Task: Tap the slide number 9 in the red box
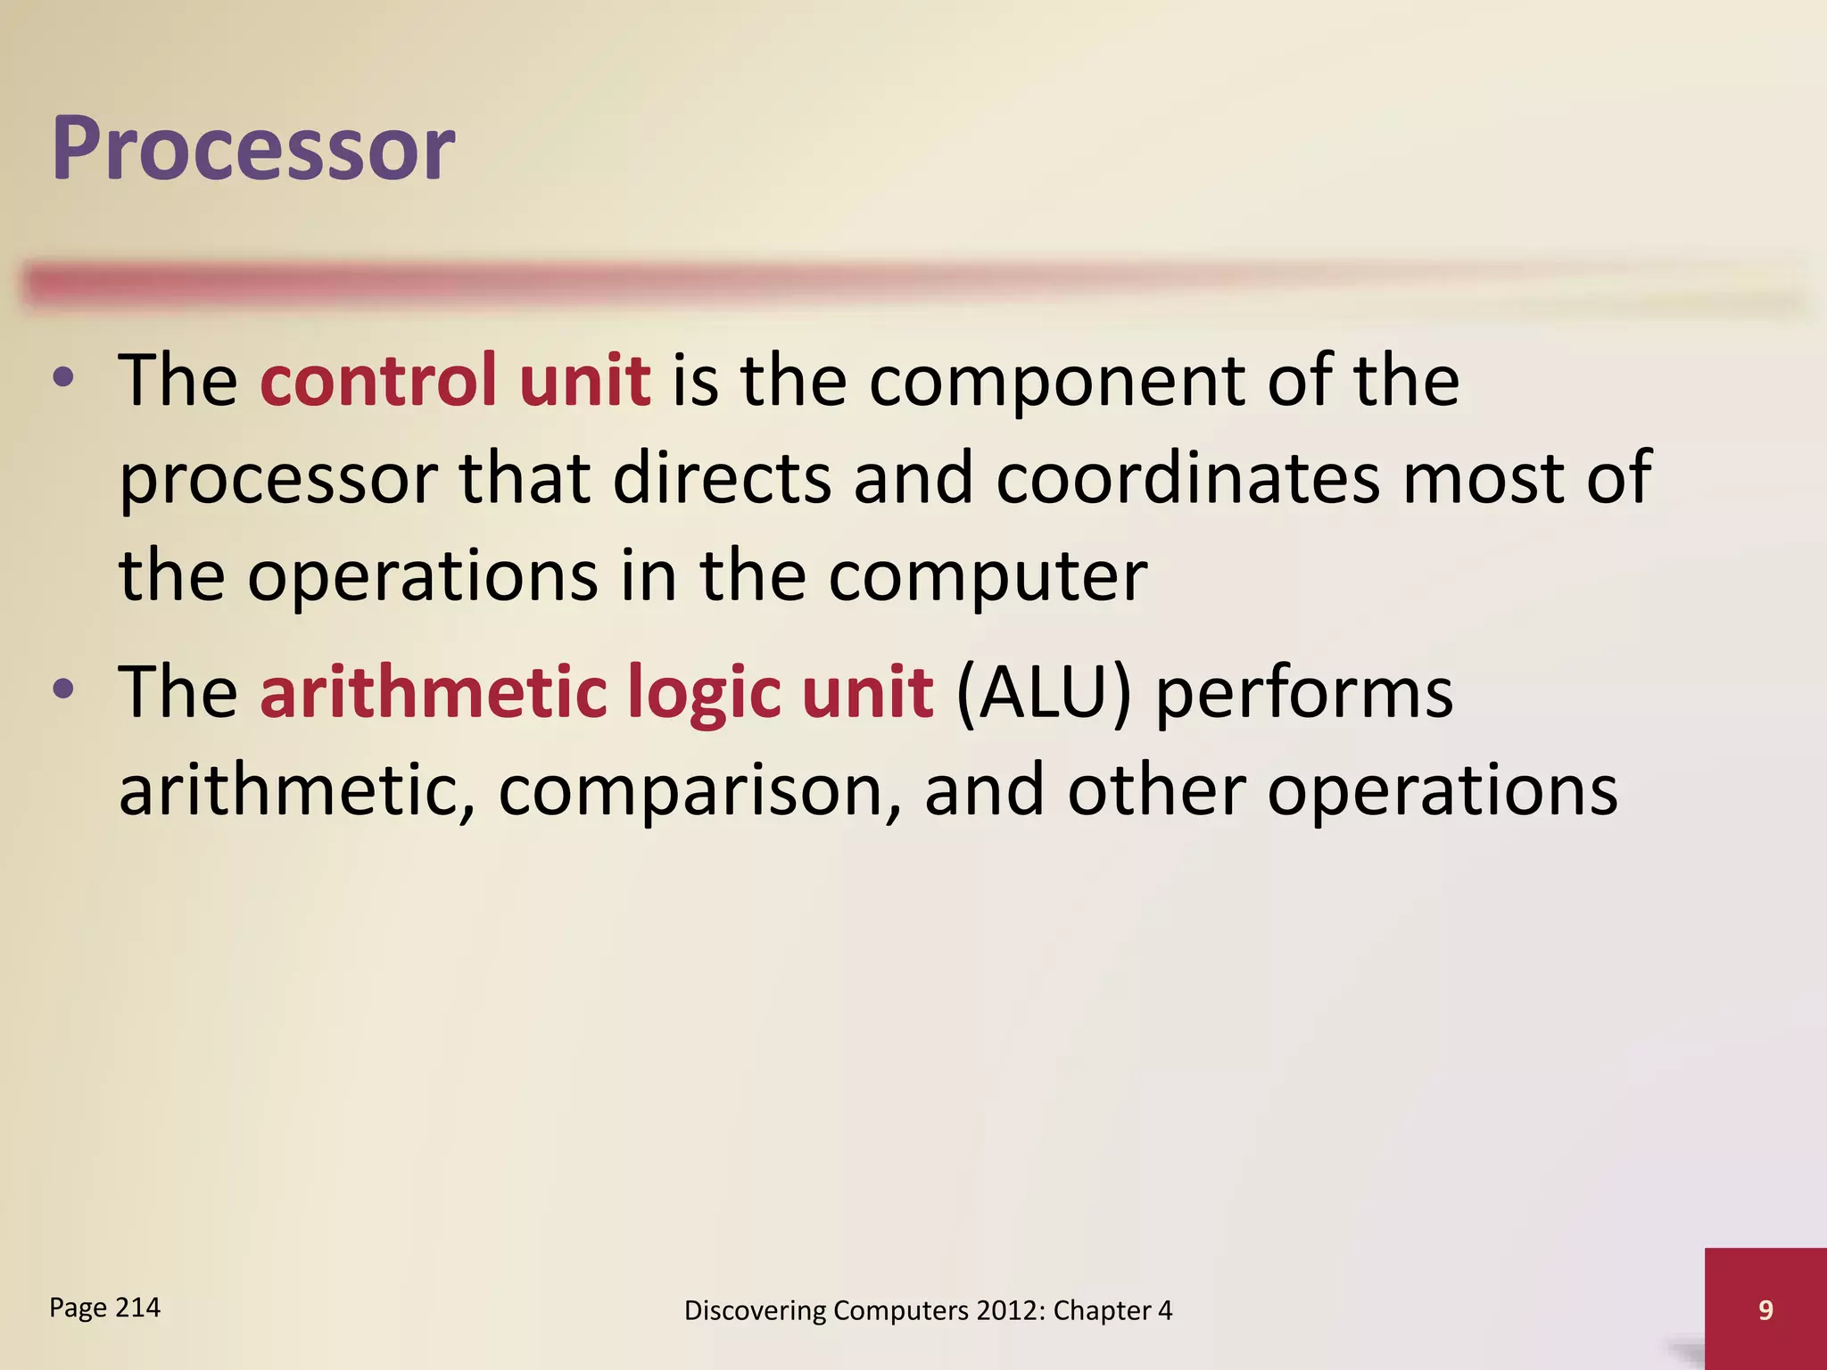click(1765, 1309)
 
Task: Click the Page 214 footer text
click(104, 1308)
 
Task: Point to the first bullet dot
click(63, 378)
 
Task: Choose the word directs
click(722, 478)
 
